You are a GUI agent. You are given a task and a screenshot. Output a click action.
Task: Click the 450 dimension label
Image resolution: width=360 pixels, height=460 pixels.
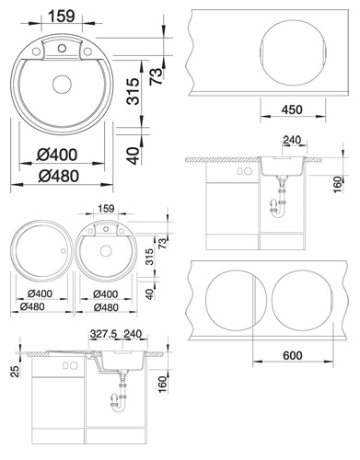click(x=292, y=109)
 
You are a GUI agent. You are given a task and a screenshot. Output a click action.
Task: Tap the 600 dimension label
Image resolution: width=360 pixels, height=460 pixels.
click(x=293, y=356)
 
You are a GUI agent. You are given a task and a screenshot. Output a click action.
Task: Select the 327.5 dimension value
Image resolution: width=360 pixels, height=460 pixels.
click(x=104, y=334)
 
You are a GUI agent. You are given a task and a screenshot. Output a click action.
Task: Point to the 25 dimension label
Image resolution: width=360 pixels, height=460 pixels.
click(x=16, y=371)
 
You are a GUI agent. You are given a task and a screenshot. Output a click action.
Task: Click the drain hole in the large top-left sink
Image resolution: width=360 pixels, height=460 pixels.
click(x=62, y=84)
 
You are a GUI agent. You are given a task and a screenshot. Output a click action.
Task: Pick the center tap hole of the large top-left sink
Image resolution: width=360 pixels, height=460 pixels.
click(x=62, y=48)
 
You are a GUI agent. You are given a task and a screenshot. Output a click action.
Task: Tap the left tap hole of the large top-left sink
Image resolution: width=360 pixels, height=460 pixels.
click(x=36, y=52)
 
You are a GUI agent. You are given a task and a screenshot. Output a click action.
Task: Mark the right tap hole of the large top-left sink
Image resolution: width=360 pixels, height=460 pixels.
click(x=87, y=52)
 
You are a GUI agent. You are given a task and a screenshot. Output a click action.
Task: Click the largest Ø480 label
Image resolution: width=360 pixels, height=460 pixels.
click(x=59, y=177)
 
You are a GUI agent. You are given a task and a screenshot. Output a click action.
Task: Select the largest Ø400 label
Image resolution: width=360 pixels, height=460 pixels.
click(x=57, y=155)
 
